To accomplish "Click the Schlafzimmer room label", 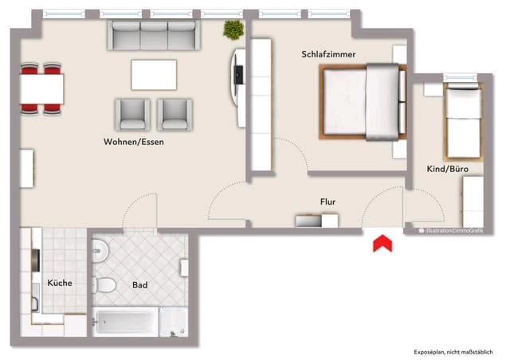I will coord(328,54).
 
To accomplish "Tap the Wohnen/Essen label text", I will coord(134,142).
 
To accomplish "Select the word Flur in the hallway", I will coord(328,202).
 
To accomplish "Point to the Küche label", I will coord(60,283).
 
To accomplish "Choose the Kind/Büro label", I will coord(447,170).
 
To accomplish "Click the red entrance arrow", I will coord(382,243).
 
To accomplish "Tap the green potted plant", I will coord(233,30).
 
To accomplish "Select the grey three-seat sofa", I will coord(154,35).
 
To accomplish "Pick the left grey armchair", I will coord(132,114).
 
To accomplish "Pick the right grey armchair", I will coord(175,114).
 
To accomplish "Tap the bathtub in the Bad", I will coord(126,322).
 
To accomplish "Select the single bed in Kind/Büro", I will coord(461,115).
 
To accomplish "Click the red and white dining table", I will coord(41,87).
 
